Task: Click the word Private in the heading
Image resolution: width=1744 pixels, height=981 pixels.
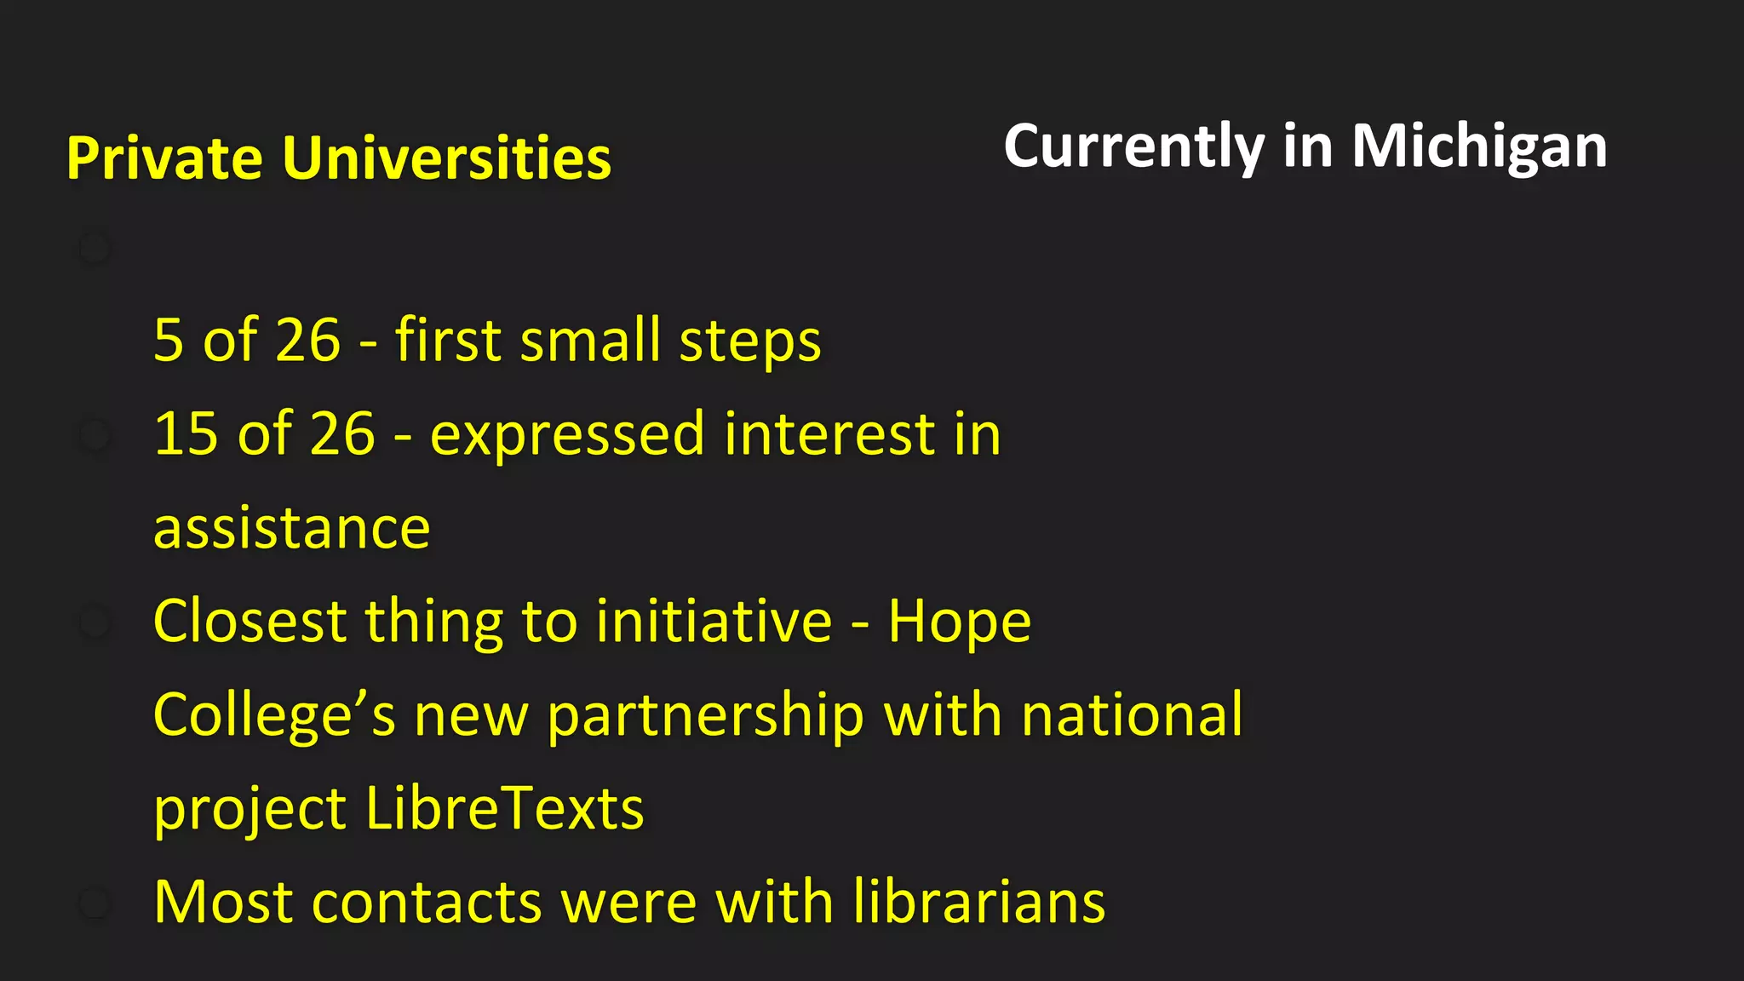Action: click(164, 158)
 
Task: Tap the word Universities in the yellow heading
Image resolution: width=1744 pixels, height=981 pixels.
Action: click(446, 158)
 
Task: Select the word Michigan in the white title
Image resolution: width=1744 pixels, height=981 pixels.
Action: click(1479, 146)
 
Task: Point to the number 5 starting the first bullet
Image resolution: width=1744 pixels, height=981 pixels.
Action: click(169, 341)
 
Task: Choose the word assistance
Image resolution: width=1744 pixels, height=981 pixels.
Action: click(292, 528)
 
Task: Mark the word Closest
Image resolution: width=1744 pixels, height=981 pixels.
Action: click(250, 621)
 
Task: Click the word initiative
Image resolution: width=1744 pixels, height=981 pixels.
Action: click(714, 621)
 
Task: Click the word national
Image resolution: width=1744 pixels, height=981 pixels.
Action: click(1132, 714)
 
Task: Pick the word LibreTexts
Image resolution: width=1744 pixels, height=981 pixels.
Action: click(504, 808)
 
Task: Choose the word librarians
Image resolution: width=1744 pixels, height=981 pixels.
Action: click(978, 902)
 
